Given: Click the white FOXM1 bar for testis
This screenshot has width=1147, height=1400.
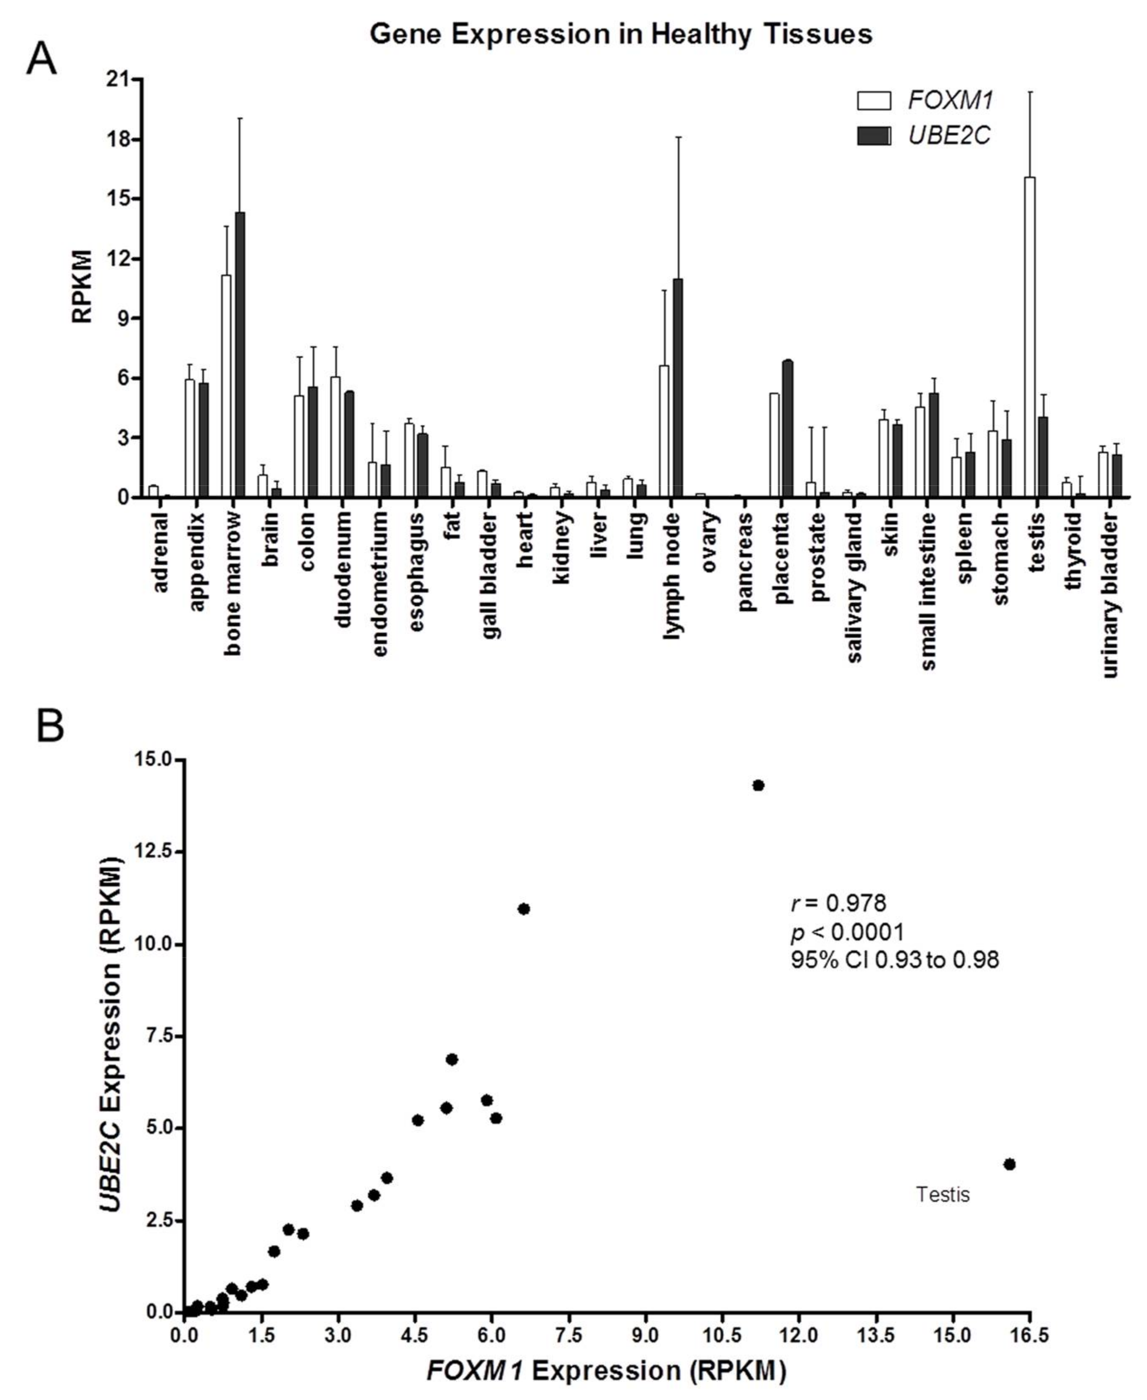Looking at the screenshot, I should pyautogui.click(x=1029, y=337).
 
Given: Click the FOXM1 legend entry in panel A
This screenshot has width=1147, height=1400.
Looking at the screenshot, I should pyautogui.click(x=925, y=101).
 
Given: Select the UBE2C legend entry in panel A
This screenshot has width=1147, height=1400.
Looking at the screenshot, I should pyautogui.click(x=925, y=136).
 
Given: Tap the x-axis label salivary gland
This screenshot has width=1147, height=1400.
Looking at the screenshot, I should pyautogui.click(x=854, y=588).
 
